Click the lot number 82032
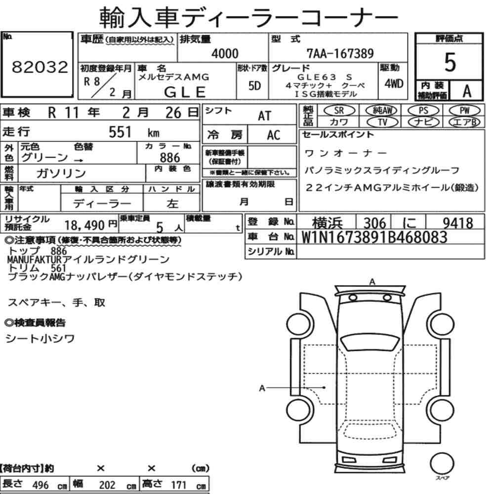coord(40,67)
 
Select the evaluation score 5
coord(450,62)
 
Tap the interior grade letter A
coord(467,91)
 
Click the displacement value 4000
coord(225,53)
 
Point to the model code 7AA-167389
coord(340,53)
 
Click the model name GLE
coord(185,92)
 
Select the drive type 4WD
coord(394,83)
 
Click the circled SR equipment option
coord(339,111)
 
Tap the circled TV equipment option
coord(382,122)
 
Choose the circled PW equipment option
coord(464,111)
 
